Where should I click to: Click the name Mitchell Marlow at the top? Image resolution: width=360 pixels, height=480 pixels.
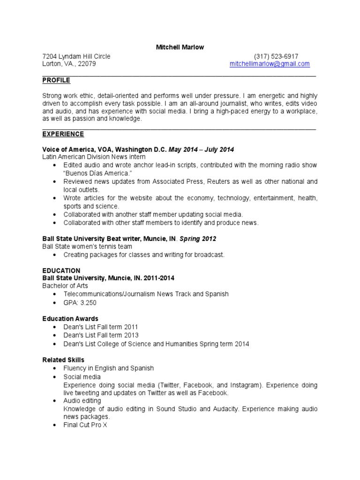180,47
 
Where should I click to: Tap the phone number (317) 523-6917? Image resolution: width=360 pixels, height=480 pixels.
276,56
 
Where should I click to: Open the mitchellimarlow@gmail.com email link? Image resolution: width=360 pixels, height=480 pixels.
270,64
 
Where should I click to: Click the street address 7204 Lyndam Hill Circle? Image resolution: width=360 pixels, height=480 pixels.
76,56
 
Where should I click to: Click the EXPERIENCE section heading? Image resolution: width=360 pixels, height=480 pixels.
63,134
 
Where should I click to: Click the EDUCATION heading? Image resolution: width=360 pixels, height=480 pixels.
61,270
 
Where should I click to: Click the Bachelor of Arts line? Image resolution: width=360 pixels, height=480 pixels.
65,286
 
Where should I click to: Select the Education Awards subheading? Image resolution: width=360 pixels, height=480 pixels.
70,319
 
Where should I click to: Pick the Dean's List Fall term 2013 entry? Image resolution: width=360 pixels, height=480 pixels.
101,335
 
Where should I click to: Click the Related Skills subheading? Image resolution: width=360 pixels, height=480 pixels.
63,360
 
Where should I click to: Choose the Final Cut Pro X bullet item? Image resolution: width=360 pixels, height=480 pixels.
85,426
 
